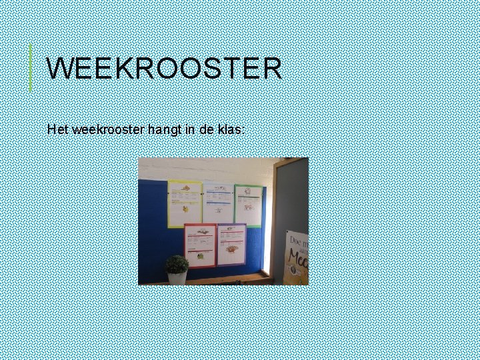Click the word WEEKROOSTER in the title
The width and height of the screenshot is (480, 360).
pos(164,69)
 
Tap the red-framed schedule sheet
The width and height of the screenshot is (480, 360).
pos(200,245)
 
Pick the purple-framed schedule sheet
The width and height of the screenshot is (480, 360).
pos(231,244)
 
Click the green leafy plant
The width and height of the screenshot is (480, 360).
pos(177,264)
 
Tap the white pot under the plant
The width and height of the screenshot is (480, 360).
pos(177,278)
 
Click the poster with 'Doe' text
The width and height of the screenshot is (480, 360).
pos(297,257)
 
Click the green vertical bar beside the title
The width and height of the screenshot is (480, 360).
pos(31,67)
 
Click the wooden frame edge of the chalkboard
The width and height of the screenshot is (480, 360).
pos(275,213)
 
